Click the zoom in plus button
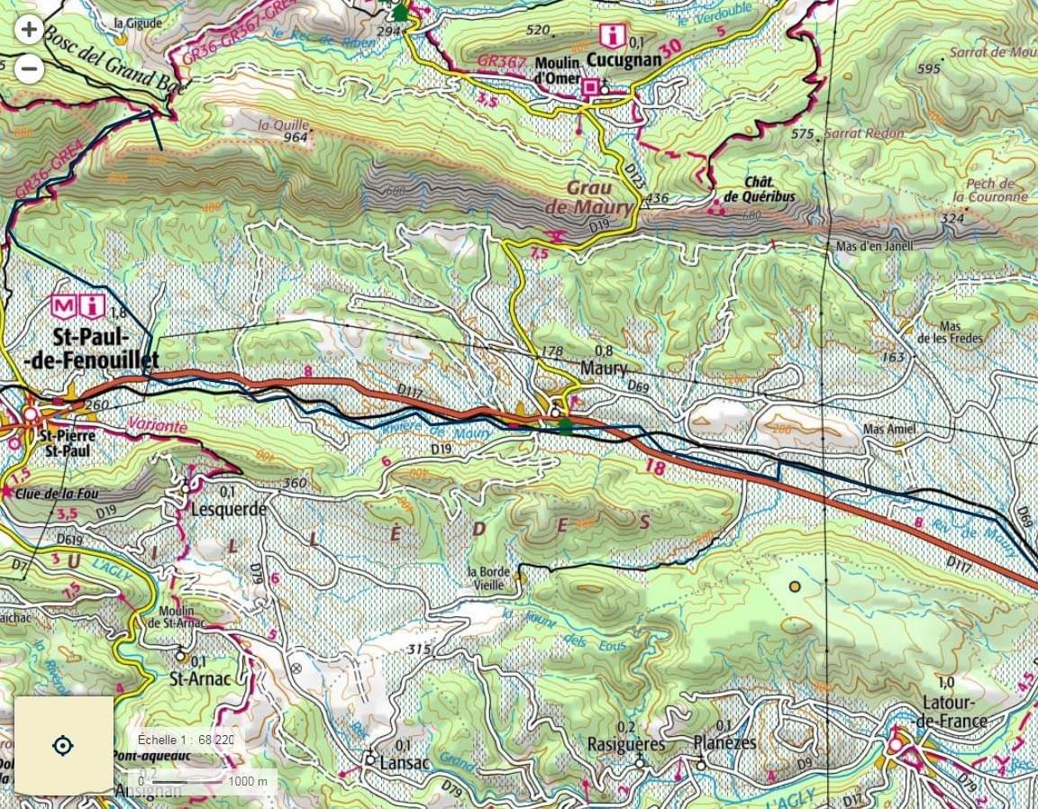click(30, 30)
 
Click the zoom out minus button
click(30, 68)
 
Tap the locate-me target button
click(63, 746)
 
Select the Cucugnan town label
click(624, 59)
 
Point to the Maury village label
click(603, 369)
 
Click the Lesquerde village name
click(229, 509)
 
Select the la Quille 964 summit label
click(283, 131)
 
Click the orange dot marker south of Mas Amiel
click(795, 586)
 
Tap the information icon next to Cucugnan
click(613, 36)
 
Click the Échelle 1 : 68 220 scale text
click(186, 740)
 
